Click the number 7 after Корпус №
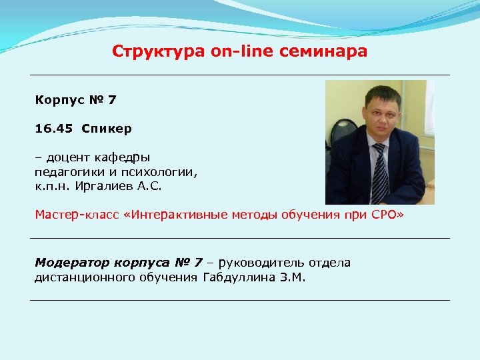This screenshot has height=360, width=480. (x=112, y=100)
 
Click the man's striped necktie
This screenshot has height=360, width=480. (x=379, y=175)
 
